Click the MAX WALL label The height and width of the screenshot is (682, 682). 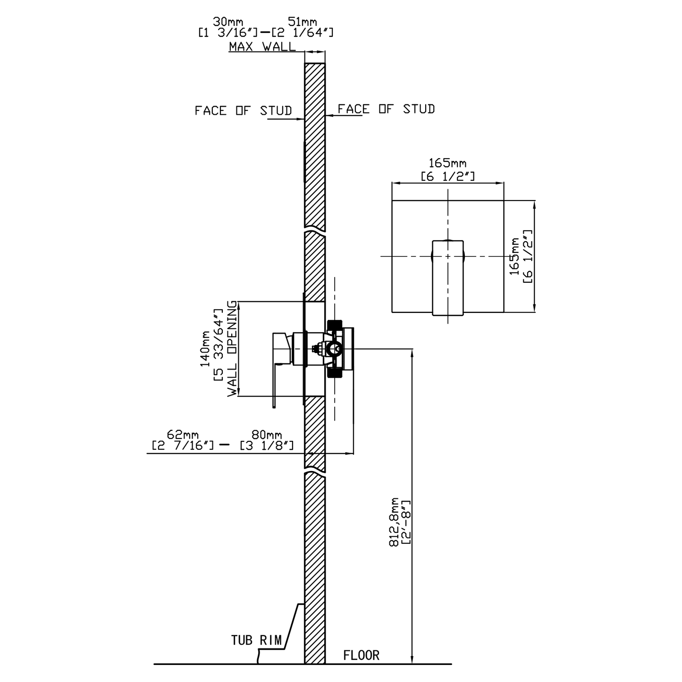[262, 46]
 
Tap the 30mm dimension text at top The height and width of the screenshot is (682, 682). [228, 22]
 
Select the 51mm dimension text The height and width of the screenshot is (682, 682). [302, 22]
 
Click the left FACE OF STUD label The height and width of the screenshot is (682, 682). [243, 110]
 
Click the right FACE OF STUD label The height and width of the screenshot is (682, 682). [386, 109]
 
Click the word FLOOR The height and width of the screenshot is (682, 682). [361, 655]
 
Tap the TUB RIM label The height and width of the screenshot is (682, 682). [256, 640]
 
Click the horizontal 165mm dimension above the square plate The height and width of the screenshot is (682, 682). [447, 163]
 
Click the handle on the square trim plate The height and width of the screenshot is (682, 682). [448, 277]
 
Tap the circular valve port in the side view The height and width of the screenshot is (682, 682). [335, 350]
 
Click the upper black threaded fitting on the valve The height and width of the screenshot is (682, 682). [334, 325]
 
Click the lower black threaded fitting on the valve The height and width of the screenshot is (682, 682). [334, 373]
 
